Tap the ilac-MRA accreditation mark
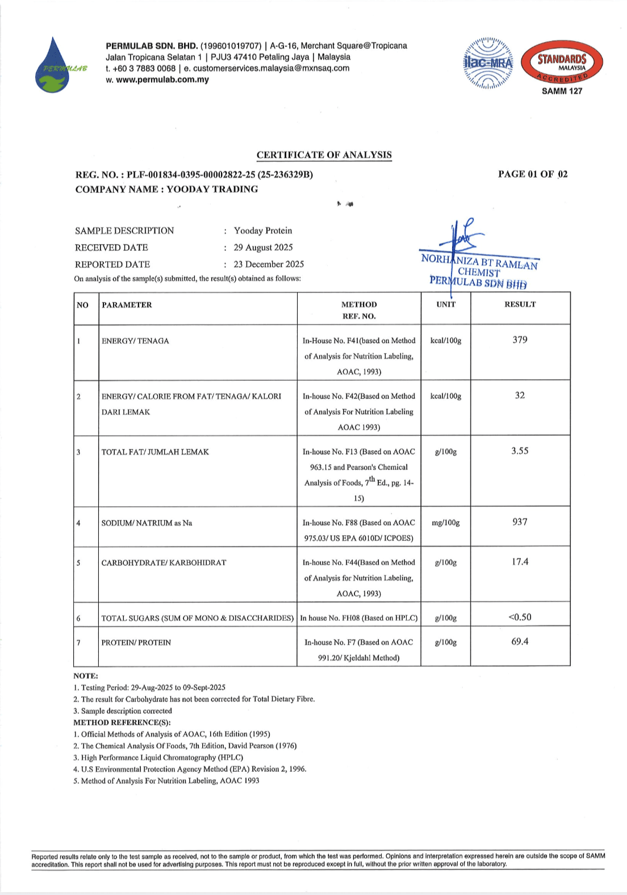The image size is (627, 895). [488, 63]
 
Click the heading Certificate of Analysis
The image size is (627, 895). [324, 155]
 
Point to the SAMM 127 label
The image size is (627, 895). [562, 91]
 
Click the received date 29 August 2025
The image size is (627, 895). [263, 247]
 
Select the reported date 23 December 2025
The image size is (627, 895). [269, 264]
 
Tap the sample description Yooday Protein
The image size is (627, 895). [263, 230]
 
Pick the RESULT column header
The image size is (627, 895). [520, 305]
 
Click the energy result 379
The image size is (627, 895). [520, 340]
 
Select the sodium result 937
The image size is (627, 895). [520, 522]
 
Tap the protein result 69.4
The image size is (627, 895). [520, 642]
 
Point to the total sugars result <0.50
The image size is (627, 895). [520, 617]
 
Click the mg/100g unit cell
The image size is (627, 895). [446, 523]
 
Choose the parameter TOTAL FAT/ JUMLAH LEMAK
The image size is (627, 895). [155, 452]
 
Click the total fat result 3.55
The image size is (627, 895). [520, 451]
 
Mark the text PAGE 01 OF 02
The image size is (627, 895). [533, 174]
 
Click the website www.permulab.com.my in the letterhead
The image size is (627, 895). [162, 79]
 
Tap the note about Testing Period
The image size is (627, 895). [149, 687]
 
